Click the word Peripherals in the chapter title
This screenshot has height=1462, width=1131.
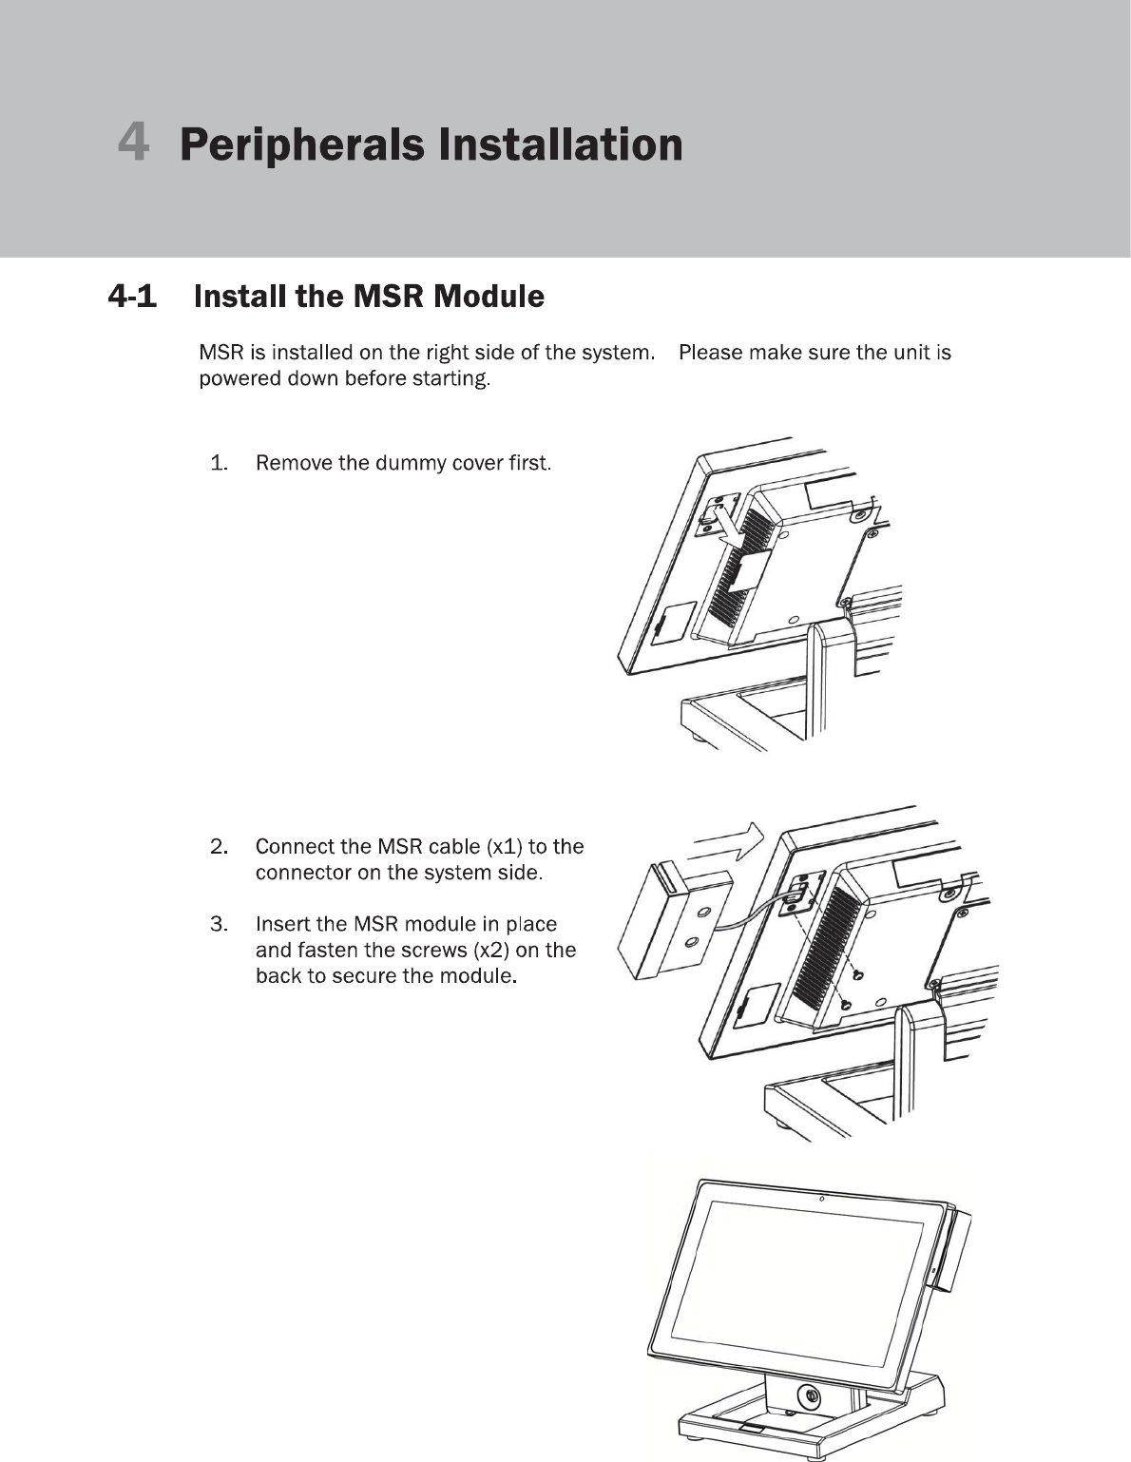301,144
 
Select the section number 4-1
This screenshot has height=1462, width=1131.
132,297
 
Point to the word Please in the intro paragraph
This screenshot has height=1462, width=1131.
710,353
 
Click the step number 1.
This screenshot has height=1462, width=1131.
219,464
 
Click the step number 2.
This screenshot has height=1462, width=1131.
219,847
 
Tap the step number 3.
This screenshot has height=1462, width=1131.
219,924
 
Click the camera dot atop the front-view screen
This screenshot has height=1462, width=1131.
821,1198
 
